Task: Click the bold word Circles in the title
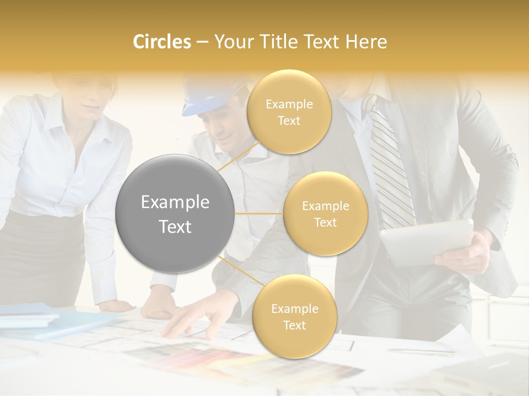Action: (161, 42)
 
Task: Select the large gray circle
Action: (175, 213)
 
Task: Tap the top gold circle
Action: (289, 112)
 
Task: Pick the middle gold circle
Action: (325, 213)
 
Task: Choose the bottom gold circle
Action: (294, 316)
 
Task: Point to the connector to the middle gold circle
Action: (259, 213)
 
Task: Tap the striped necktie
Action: (391, 165)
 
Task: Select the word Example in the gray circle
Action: (175, 202)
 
